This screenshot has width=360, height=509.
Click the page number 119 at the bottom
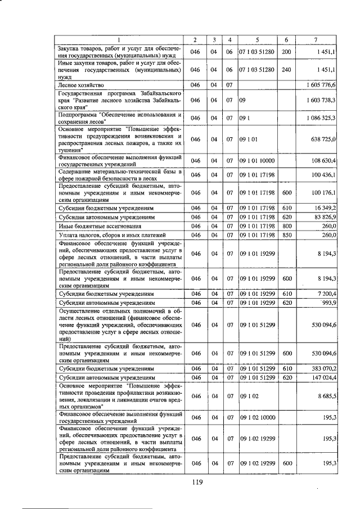196,481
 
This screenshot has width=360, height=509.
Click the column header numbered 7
317,39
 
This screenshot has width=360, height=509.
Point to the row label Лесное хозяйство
76,84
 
